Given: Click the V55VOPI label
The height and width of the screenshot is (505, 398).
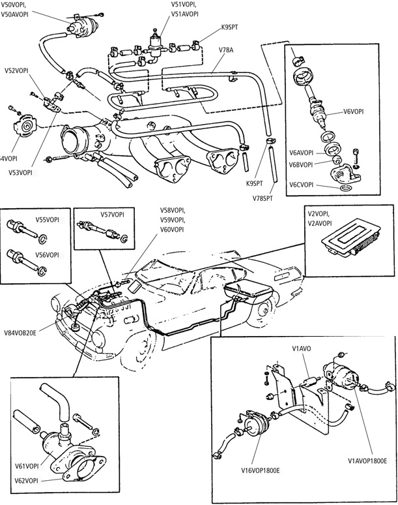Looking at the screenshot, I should click(48, 220).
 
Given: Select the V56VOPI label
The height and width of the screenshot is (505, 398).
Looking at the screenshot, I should click(48, 254).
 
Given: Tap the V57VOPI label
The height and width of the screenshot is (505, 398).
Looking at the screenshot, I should click(113, 214).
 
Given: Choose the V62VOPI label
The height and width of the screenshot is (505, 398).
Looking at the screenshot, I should click(27, 480).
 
